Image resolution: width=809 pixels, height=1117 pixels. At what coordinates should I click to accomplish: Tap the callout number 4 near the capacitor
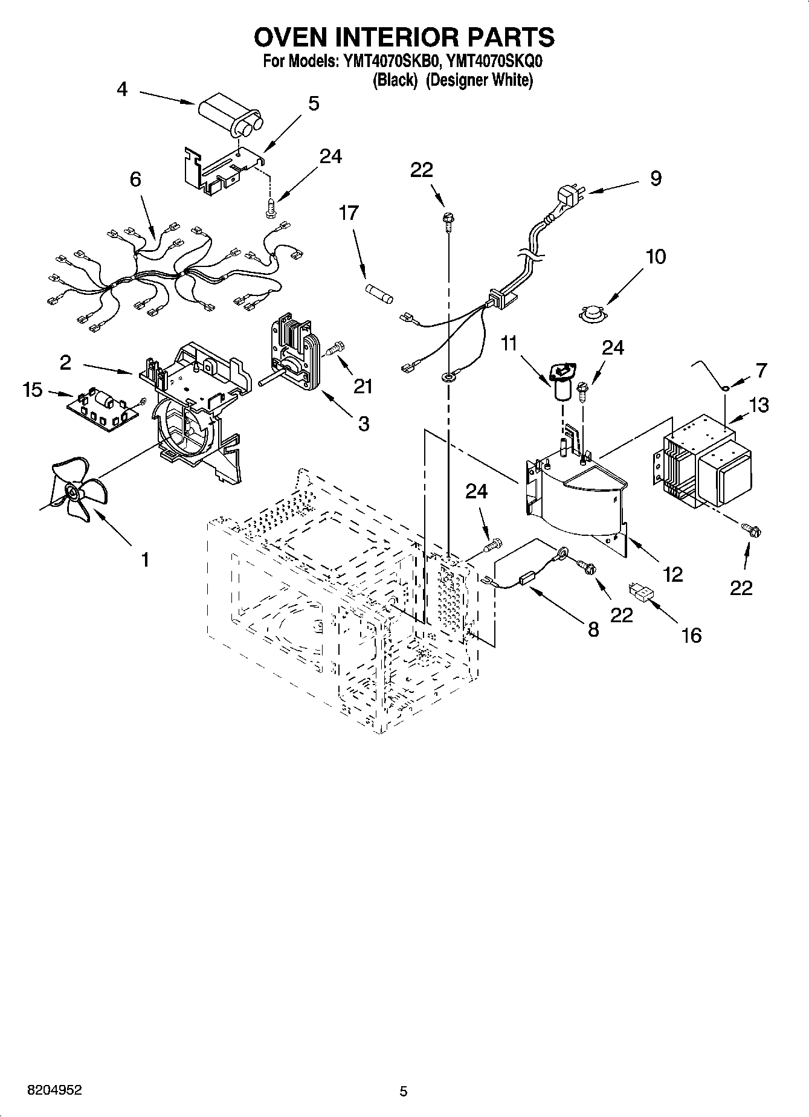click(x=122, y=89)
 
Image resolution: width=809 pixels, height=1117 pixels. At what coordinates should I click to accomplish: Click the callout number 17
click(x=349, y=213)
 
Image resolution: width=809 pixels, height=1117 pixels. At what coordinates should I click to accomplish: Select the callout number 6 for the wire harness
click(x=135, y=179)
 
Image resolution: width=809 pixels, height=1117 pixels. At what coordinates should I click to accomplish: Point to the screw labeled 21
click(x=336, y=349)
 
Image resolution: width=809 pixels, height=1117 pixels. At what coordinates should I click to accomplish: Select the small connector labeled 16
click(x=642, y=592)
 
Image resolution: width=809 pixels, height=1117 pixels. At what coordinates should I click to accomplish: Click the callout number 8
click(x=593, y=629)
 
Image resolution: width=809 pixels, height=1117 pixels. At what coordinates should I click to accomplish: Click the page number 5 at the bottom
click(x=404, y=1091)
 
